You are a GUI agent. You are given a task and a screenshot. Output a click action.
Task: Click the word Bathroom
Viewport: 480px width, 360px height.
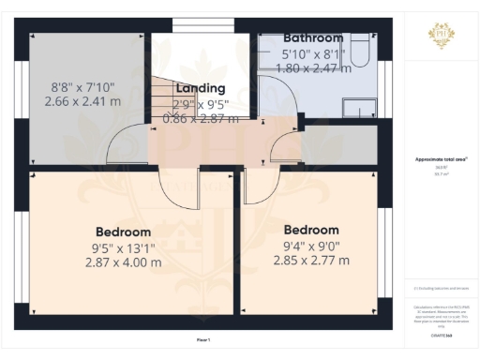313,38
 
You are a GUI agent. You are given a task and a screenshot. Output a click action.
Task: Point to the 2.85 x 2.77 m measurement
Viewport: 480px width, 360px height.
311,260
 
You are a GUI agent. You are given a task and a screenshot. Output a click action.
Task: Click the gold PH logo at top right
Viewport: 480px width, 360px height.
441,36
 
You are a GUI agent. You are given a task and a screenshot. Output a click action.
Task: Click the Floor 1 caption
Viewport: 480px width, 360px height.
202,339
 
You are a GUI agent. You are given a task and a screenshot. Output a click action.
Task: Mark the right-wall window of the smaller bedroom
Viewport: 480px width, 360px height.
383,248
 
